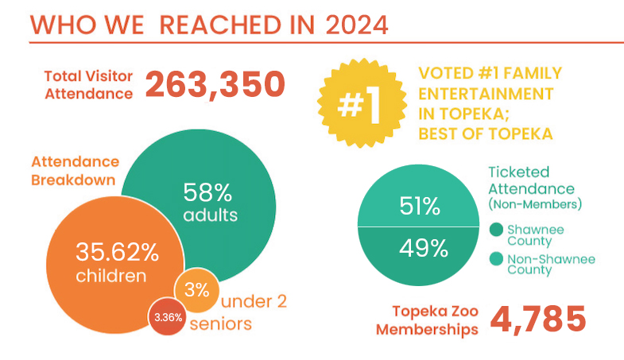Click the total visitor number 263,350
pos(215,85)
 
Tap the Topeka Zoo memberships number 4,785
pos(537,319)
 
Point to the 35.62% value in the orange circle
pos(117,253)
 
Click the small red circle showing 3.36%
pos(168,317)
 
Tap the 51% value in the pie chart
pos(421,208)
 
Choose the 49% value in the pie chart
pos(421,248)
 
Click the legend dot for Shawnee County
pos(495,230)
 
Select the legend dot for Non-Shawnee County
pos(495,260)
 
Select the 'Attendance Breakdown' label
pos(72,169)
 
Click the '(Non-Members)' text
pos(535,205)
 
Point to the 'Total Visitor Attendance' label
pos(88,85)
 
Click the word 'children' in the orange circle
pos(111,277)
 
